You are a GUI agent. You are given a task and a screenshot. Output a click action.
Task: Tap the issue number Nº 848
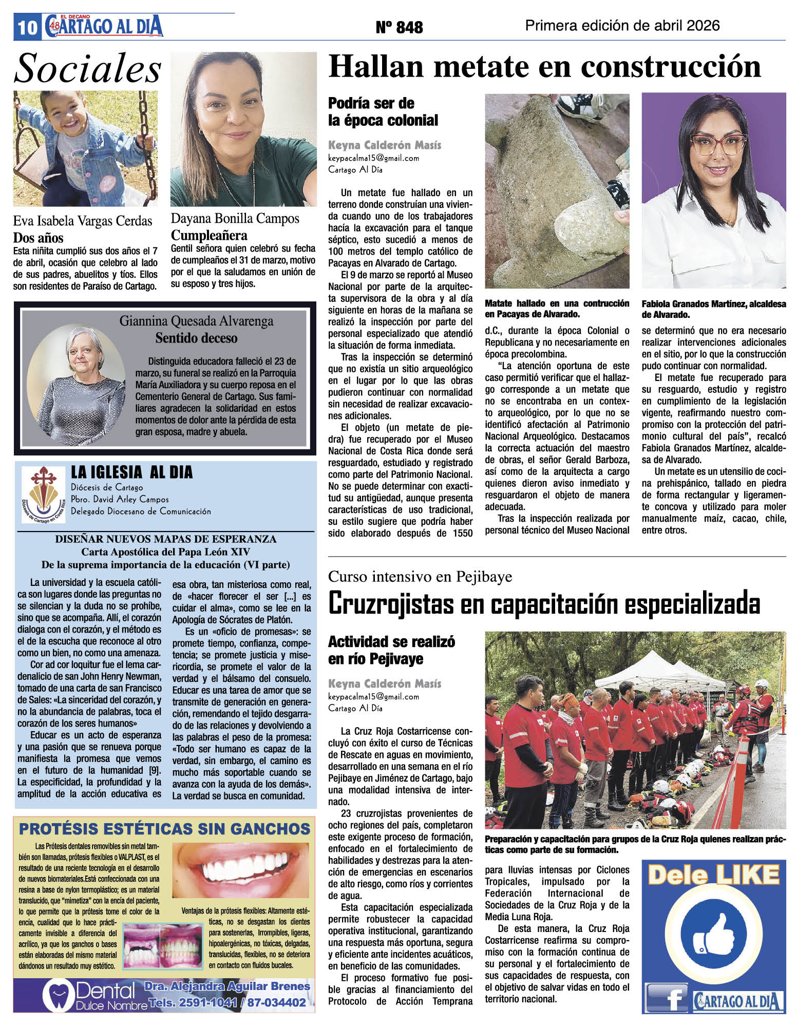tap(399, 27)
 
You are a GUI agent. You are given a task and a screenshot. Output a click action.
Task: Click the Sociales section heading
tap(87, 69)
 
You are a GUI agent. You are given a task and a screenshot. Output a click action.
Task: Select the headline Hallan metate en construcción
tap(544, 67)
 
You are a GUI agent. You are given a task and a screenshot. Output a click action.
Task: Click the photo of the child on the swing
tap(85, 148)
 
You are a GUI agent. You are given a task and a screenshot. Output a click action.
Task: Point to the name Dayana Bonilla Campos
tap(235, 219)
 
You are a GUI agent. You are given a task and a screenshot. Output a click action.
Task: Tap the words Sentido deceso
tap(196, 338)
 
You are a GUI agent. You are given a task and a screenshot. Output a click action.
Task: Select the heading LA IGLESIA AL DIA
tap(131, 472)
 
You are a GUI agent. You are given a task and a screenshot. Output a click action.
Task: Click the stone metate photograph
tap(557, 191)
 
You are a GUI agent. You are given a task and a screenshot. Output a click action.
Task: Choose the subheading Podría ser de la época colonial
tap(383, 112)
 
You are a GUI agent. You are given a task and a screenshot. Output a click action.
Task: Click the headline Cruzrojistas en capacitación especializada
tap(544, 604)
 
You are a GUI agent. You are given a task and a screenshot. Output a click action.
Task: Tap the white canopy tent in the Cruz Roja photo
tap(647, 671)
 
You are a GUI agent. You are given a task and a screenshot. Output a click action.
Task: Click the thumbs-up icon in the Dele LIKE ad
tap(713, 940)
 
